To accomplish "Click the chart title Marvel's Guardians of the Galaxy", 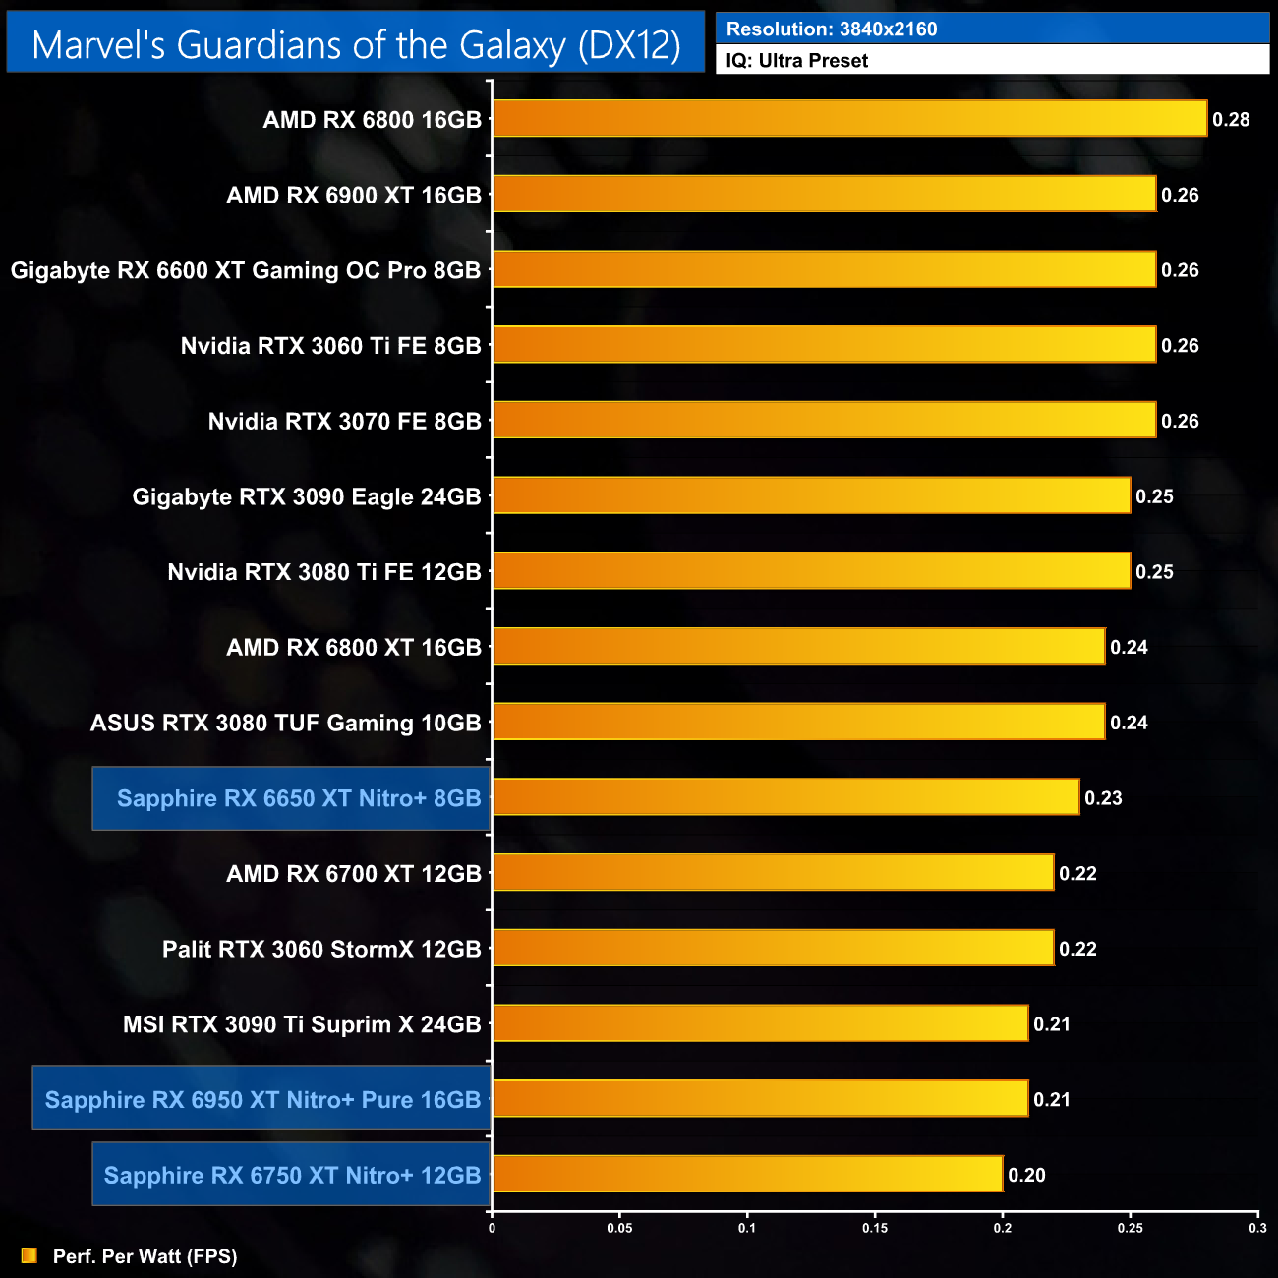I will [356, 45].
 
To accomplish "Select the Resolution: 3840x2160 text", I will [832, 29].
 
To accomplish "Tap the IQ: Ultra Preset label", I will [797, 61].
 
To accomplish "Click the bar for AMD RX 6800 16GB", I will [849, 119].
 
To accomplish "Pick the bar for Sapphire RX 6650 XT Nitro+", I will [785, 797].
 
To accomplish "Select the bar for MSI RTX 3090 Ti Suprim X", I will [760, 1023].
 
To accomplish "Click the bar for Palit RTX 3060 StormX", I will [773, 949].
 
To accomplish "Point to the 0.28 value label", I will [1231, 120].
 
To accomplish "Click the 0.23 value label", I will [1103, 798].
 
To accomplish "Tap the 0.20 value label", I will [1026, 1175].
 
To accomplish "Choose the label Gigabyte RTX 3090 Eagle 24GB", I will [307, 496].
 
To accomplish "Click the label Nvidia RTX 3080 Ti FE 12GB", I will [324, 572].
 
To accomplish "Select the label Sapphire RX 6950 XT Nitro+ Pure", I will [262, 1099].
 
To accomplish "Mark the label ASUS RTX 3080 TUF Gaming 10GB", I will [286, 723].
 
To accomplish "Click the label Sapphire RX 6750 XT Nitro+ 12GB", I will [292, 1175].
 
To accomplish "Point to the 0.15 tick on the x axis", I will [875, 1228].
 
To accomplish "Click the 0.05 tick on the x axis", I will [619, 1228].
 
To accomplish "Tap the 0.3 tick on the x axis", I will [1257, 1228].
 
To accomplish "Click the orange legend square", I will [29, 1256].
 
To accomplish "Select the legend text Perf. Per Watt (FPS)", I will [145, 1256].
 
